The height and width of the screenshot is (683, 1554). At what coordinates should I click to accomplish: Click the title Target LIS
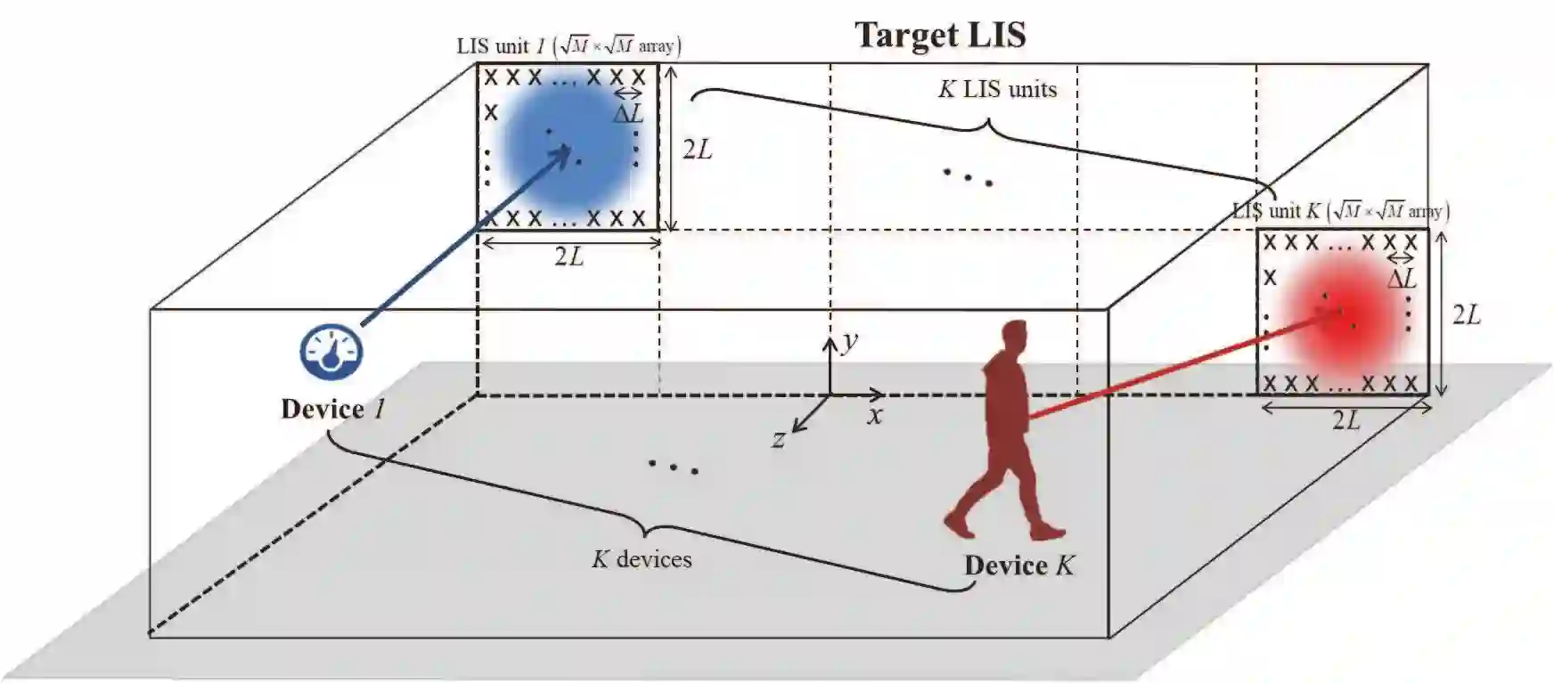coord(940,35)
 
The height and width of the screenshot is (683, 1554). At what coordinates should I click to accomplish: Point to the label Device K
coord(1019,565)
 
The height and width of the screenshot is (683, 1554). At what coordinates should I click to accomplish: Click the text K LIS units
coord(997,89)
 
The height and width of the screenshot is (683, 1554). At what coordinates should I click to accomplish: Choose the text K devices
coord(642,559)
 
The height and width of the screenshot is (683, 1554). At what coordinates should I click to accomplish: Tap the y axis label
coord(850,339)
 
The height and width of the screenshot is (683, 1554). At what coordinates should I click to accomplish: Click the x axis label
coord(875,415)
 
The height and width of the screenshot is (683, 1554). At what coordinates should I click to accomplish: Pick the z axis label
coord(779,438)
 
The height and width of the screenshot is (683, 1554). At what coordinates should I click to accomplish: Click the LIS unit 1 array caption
coord(568,45)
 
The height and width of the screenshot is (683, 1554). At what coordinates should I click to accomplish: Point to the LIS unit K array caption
coord(1340,211)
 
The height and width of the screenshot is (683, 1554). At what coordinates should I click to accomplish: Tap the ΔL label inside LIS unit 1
coord(628,113)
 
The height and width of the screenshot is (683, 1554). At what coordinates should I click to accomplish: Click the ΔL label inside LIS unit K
coord(1402,279)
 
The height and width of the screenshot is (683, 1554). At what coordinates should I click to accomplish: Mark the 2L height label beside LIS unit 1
coord(698,150)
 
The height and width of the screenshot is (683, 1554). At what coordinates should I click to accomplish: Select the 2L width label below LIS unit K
coord(1345,420)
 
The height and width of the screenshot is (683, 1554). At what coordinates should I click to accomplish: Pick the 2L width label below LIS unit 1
coord(568,256)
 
